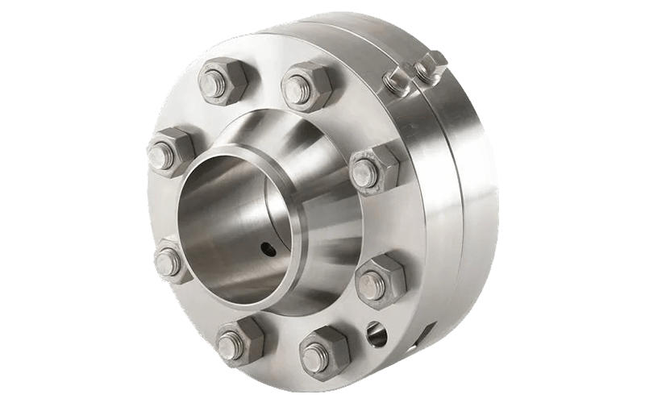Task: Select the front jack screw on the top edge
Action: point(397,78)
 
